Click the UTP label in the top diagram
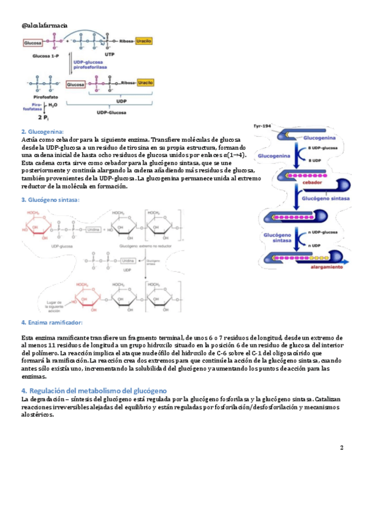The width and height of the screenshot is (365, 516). pos(109,54)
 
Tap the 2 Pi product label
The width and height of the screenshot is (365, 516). pos(44,118)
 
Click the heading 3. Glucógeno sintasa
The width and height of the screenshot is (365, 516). pos(50,200)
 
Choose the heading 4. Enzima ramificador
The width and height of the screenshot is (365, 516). pos(52,322)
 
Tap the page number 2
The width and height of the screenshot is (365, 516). pos(341,448)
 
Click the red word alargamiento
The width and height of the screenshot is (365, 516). pos(327,267)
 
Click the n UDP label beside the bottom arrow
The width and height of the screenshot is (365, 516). pos(316,245)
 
